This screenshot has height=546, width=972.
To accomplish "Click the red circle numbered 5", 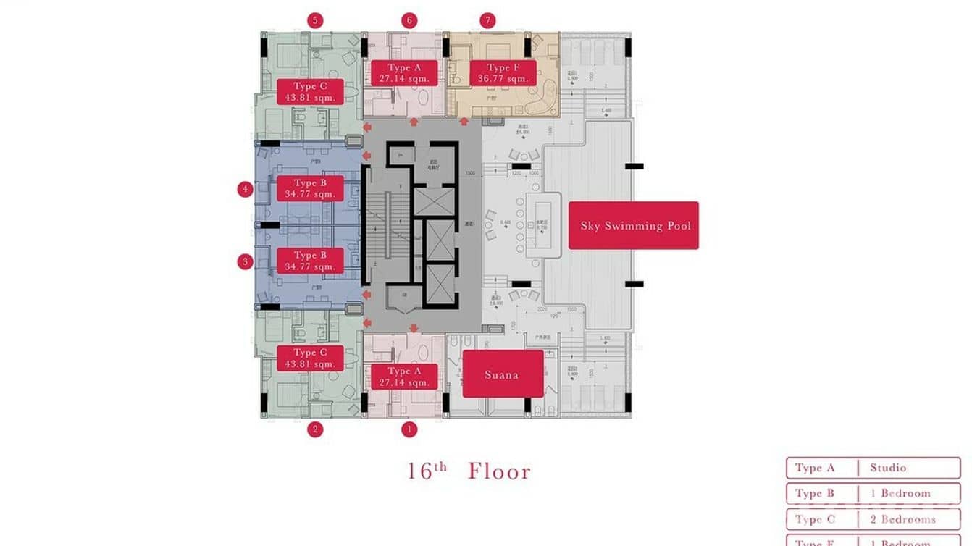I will pos(314,20).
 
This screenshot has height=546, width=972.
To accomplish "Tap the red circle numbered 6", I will pos(409,20).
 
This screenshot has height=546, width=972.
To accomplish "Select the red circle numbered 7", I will pos(487,20).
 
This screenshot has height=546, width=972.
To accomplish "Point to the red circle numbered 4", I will pos(245,190).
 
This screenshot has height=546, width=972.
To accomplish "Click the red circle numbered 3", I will pos(245,261).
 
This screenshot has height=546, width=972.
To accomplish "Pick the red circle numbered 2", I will pos(314,429).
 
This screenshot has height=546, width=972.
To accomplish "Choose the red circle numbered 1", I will pos(409,429).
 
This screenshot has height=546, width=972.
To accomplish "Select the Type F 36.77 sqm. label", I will pos(503,73).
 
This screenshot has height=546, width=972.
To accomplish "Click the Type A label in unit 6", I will pos(404,73).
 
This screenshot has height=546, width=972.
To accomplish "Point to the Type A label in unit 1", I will pos(404,377).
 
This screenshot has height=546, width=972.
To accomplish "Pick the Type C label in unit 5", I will pos(310,92).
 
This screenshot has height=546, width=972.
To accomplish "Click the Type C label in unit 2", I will pos(310,358).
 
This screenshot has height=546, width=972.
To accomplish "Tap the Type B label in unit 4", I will pos(310,188).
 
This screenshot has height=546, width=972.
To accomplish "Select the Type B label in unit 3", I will pos(310,261).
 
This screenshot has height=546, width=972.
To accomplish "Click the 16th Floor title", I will pos(469,471).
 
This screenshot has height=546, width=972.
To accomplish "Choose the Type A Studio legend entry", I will pos(873,468).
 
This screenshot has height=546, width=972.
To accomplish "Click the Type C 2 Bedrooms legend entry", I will pos(873,519).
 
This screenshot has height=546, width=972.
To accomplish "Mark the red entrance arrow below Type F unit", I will pos(464,122).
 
